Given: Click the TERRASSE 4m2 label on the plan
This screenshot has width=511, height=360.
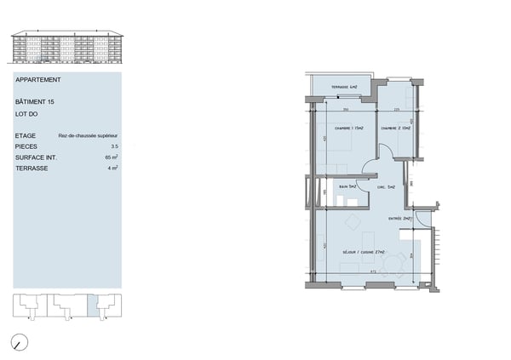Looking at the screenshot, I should tap(344, 89).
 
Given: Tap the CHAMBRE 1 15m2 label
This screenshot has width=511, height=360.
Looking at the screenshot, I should tap(349, 129).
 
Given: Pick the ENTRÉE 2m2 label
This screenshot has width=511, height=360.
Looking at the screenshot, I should tap(401, 218).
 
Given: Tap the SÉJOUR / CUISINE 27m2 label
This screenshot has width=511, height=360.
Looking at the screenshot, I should tap(365, 253).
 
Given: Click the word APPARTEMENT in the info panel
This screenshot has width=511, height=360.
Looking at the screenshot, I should tap(38, 80).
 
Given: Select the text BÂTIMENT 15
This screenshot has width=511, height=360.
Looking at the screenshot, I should tap(35, 102).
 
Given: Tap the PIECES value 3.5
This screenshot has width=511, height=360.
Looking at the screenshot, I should tap(113, 146).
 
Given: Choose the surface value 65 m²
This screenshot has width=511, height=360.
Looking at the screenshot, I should tap(112, 157).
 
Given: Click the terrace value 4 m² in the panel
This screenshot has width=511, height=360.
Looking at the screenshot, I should tap(113, 169).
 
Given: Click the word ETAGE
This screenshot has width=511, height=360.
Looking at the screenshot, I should tap(26, 135).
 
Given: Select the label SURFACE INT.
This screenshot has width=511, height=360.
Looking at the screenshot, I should tap(35, 157).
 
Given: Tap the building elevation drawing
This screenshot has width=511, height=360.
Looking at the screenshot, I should tap(66, 48).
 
